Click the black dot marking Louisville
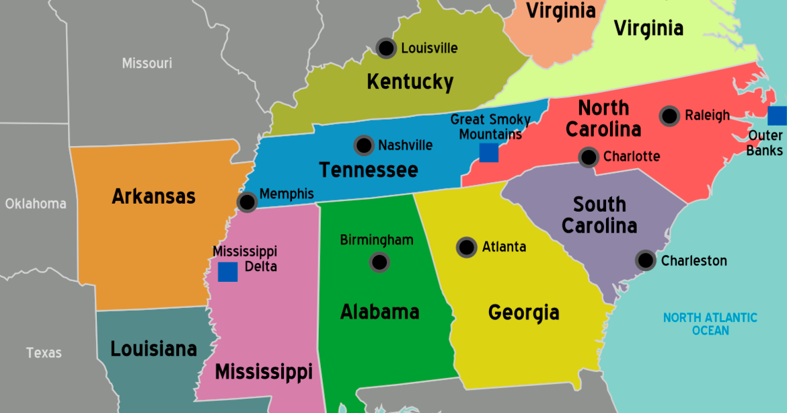point(386,48)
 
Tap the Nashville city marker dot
point(364,145)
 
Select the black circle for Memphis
point(248,201)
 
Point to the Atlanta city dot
point(466,247)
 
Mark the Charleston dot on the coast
point(646,260)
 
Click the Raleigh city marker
point(669,116)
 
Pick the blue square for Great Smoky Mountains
point(489,153)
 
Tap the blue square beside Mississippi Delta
point(227,272)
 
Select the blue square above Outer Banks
point(778,116)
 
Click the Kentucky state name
point(410,82)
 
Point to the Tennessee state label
point(368,170)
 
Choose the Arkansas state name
point(153,196)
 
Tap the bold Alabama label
point(379,312)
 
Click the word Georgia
point(523,313)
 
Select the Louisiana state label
point(153,349)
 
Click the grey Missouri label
point(147,63)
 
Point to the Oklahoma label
point(36,203)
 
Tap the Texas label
point(44,352)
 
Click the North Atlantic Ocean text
point(710,324)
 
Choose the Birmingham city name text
point(377,240)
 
